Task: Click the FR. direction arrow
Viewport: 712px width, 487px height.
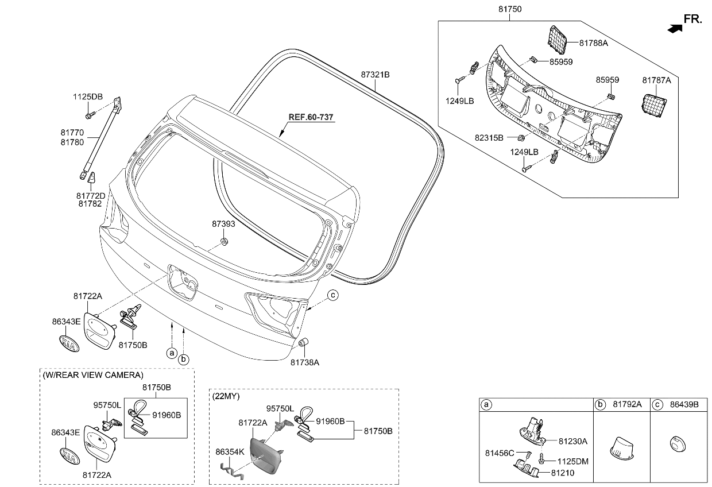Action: [675, 26]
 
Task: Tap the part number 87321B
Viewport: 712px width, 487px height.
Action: [376, 75]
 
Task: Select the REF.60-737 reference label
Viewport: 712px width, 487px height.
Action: [311, 117]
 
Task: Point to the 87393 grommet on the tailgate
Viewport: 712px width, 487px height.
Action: [225, 241]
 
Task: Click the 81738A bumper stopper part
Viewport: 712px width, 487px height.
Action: [305, 343]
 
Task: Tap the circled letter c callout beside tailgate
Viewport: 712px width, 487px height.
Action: [333, 296]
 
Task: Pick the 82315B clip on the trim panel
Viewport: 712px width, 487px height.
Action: [521, 138]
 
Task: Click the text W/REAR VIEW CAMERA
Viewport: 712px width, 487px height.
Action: [92, 375]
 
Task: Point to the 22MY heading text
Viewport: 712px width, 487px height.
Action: [226, 396]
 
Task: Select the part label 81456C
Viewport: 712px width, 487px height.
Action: [500, 454]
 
